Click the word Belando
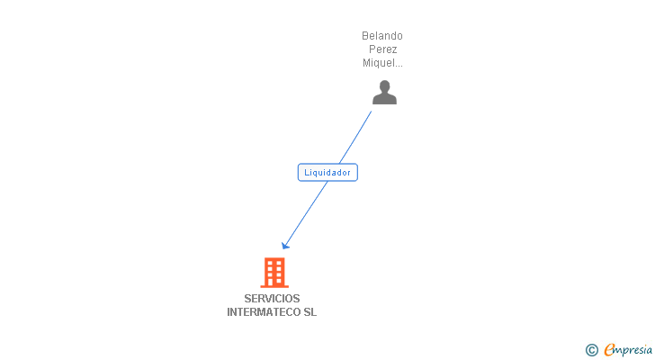point(382,36)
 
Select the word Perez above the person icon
point(382,49)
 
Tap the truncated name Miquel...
point(381,63)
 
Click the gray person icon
point(384,93)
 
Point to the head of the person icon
point(384,86)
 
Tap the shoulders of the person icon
point(384,99)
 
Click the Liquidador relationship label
point(327,172)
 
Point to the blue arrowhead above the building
point(285,245)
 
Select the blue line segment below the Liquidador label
point(306,211)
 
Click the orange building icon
point(274,272)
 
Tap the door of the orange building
point(274,282)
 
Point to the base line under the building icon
point(274,286)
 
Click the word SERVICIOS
point(272,299)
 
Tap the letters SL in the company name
point(310,312)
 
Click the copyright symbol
point(591,350)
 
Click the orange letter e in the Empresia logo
point(609,350)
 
